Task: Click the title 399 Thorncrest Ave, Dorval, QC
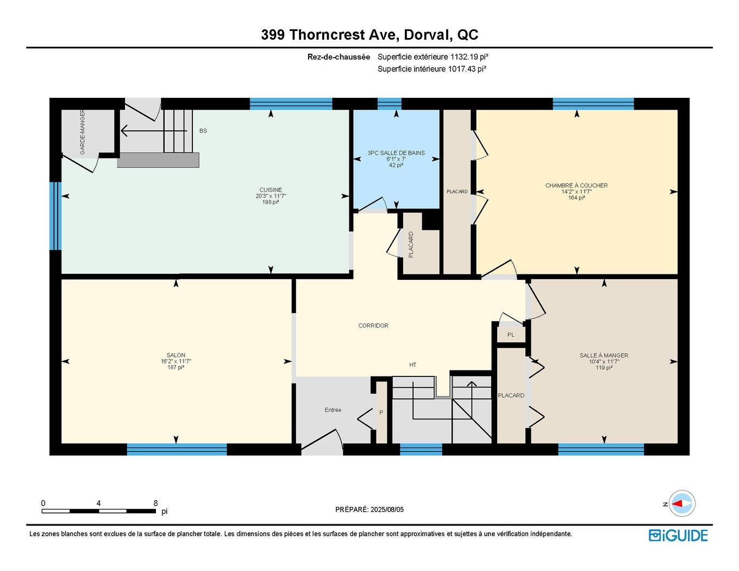tap(369, 35)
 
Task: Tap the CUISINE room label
tap(271, 190)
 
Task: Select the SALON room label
tap(176, 355)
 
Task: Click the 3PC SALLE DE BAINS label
tap(396, 153)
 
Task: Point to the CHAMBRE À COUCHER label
tap(577, 186)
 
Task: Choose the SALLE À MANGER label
tap(604, 356)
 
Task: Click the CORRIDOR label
tap(373, 326)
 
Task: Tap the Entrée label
tap(333, 410)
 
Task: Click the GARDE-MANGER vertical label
tap(83, 132)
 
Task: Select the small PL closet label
tap(511, 335)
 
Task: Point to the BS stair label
tap(203, 131)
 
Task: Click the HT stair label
tap(413, 365)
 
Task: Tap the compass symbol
tap(681, 504)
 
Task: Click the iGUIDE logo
tap(678, 535)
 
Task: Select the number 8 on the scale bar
tap(156, 503)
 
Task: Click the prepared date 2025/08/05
tap(387, 510)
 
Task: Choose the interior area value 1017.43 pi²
tap(466, 69)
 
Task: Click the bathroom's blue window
tap(389, 104)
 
